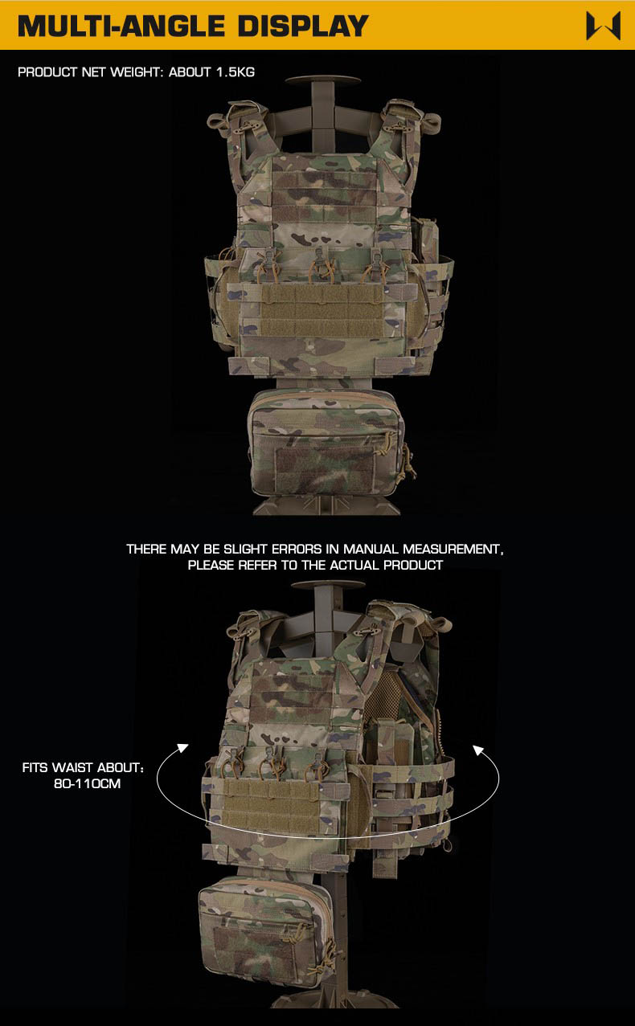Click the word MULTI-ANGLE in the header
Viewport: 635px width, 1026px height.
point(121,26)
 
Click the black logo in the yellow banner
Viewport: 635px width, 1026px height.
point(604,26)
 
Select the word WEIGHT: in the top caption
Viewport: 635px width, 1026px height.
point(137,72)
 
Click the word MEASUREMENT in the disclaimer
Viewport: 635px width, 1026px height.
point(453,549)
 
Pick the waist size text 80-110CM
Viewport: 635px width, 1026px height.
point(87,783)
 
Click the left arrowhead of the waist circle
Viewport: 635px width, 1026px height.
point(182,748)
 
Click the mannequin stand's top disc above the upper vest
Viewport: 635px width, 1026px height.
point(323,80)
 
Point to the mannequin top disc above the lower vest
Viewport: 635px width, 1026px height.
point(328,585)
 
